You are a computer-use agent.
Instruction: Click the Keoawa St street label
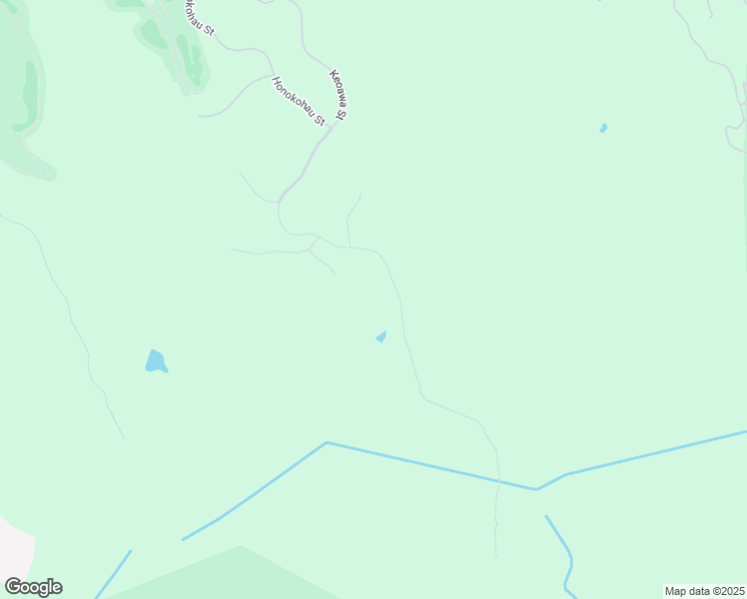coord(338,96)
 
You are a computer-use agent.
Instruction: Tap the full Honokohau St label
coord(299,101)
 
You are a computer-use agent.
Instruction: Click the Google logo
coord(33,587)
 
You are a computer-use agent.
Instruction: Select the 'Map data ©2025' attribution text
coord(705,591)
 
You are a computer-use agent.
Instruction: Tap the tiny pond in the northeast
coord(602,128)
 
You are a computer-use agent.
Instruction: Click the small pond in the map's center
coord(380,337)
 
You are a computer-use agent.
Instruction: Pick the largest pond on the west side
coord(155,361)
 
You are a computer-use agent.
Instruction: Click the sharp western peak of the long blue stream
coord(327,442)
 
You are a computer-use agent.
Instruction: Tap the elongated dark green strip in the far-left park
coord(29,95)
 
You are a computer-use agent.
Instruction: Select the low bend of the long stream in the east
coord(537,489)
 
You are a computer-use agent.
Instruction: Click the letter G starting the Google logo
coord(14,587)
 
